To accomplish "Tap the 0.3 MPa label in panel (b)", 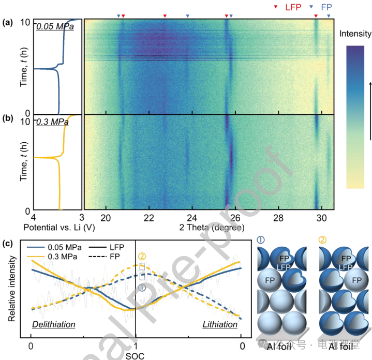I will click(x=52, y=123).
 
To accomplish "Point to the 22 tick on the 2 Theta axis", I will click(x=149, y=219).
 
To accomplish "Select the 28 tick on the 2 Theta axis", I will click(x=278, y=219).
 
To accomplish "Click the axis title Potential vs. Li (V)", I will click(x=57, y=228).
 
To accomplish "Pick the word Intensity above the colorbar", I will click(x=355, y=34).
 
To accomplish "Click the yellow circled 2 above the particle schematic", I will click(x=324, y=240).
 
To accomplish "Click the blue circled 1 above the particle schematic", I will click(x=260, y=240).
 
